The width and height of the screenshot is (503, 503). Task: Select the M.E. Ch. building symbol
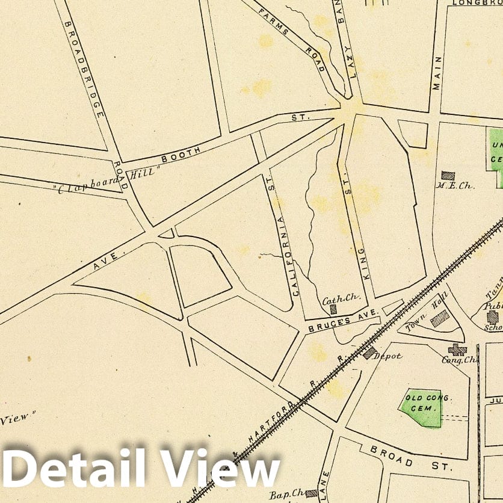(x=448, y=175)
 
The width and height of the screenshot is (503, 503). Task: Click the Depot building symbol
(x=369, y=353)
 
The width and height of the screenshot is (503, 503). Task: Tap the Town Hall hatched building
(x=440, y=318)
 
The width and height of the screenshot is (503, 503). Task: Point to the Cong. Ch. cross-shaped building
(x=457, y=349)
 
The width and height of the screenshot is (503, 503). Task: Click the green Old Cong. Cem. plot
(x=421, y=407)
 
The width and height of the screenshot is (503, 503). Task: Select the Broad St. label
(x=409, y=458)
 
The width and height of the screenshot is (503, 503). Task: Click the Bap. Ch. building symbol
(x=311, y=493)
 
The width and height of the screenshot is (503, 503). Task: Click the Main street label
(x=437, y=73)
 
